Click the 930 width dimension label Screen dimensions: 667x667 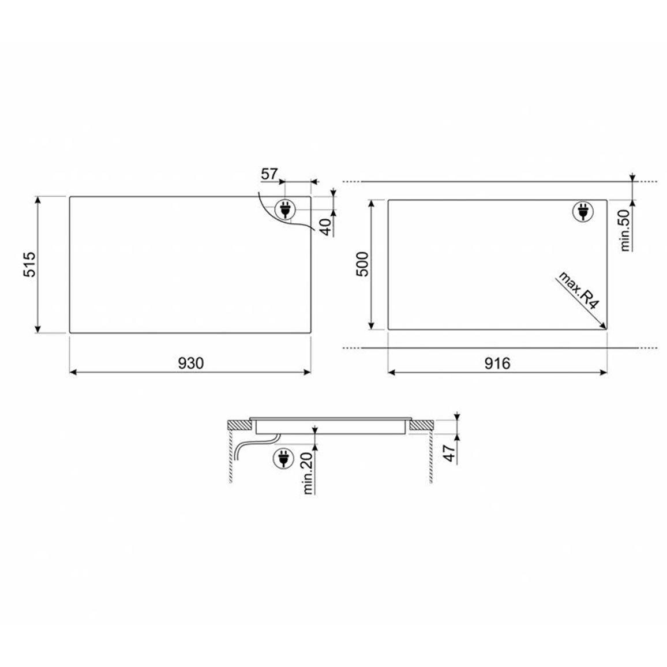191,363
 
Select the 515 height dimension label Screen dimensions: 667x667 30,265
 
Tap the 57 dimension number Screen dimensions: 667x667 269,174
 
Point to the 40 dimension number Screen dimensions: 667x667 325,227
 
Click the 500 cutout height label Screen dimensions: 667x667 362,264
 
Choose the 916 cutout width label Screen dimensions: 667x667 497,364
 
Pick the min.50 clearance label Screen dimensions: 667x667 625,230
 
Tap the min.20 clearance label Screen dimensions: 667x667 308,473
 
